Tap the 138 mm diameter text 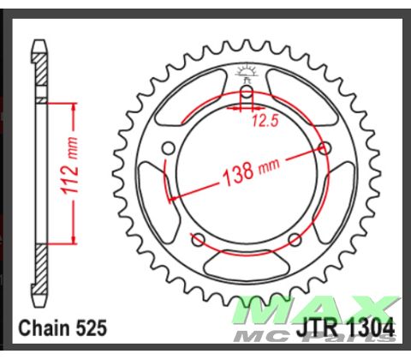coord(243,171)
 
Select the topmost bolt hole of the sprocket coord(247,92)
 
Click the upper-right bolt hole coord(325,148)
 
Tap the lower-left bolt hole coord(199,238)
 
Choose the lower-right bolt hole coord(295,238)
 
